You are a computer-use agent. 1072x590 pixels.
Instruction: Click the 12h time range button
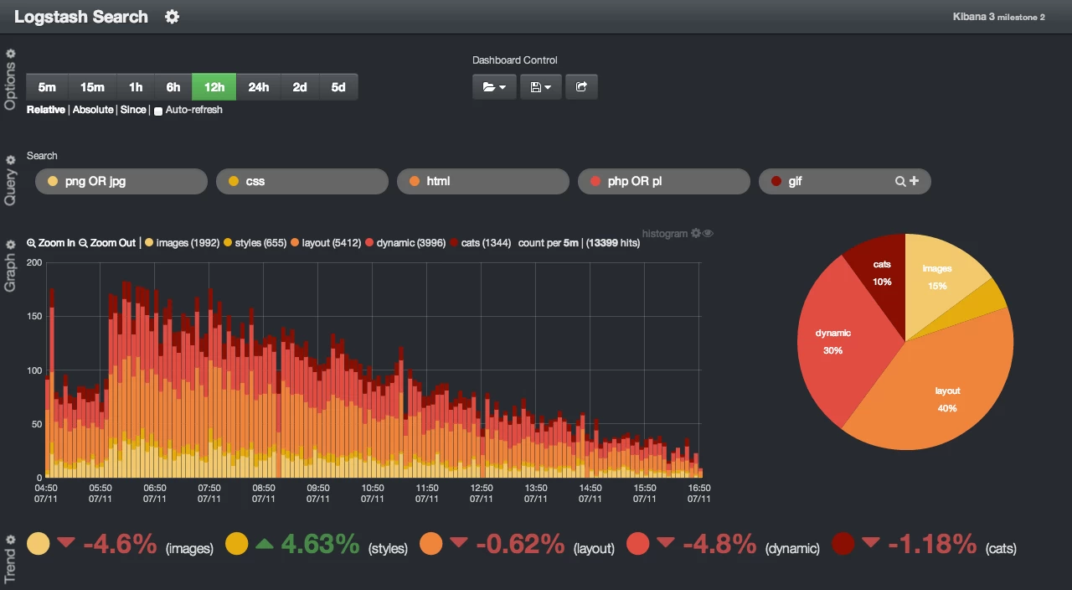(x=214, y=87)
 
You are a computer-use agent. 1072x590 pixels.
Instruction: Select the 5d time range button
(x=338, y=87)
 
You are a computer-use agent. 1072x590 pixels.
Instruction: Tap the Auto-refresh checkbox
(x=158, y=111)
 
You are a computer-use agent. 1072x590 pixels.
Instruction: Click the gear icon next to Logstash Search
(x=172, y=18)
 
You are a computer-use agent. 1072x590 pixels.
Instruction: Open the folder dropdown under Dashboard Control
(x=494, y=87)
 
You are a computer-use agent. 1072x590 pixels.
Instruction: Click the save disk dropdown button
(x=541, y=87)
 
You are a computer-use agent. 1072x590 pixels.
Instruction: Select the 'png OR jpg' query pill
(x=121, y=182)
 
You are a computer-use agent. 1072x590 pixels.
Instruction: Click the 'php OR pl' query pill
(x=664, y=182)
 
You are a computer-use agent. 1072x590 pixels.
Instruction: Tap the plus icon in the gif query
(x=914, y=181)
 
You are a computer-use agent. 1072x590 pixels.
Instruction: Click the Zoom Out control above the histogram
(x=107, y=243)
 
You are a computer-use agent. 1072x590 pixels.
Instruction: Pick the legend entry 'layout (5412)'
(x=326, y=243)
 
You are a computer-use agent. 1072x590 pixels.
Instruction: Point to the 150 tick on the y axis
(x=34, y=316)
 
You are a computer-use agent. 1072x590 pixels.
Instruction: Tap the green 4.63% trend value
(x=320, y=545)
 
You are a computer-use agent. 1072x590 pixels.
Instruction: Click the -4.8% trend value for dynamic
(x=719, y=545)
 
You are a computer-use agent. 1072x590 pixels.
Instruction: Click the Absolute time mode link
(x=93, y=110)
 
